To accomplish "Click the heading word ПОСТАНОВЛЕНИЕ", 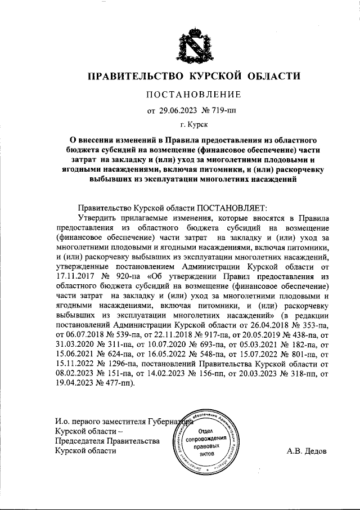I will (x=193, y=94).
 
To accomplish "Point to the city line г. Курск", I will (x=193, y=124).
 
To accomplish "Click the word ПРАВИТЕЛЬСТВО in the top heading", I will (x=135, y=76).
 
